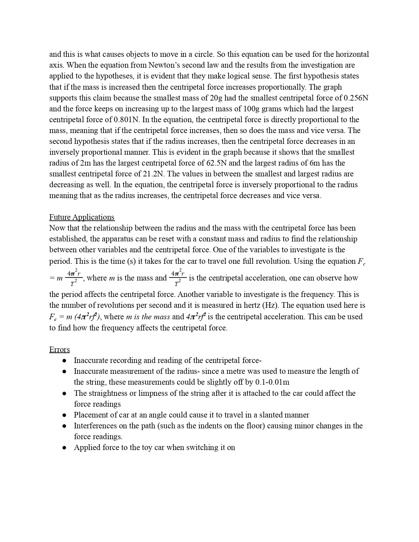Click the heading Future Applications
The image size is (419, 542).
[82, 217]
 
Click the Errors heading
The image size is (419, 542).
[59, 350]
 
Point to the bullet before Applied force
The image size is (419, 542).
[65, 447]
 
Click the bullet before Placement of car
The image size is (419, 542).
[65, 415]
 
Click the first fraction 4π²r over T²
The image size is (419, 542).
[74, 278]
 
